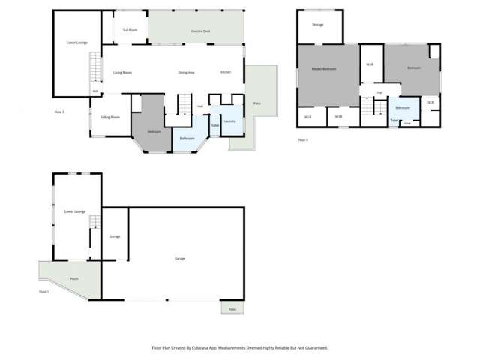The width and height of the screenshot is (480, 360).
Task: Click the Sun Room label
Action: (130, 30)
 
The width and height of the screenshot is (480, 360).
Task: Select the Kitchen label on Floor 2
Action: (225, 72)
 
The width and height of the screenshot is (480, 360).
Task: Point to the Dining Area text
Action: (187, 72)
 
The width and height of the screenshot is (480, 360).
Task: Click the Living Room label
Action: (122, 72)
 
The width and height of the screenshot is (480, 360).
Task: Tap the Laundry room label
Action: (230, 121)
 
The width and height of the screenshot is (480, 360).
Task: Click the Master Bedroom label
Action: (324, 69)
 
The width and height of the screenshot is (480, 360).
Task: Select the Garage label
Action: (180, 258)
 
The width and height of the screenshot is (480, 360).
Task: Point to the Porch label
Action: (74, 278)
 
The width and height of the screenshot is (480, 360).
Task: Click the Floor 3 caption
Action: (303, 140)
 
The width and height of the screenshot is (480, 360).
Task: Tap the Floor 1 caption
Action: (43, 292)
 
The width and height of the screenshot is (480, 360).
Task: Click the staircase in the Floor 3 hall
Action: (368, 107)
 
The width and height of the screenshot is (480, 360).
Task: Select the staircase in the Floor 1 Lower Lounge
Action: (95, 223)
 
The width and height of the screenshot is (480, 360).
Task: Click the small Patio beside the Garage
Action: (232, 309)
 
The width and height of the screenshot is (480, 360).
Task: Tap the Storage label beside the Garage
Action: (115, 236)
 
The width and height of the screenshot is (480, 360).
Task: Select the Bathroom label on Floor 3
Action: (402, 107)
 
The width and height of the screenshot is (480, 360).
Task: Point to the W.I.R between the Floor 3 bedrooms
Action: (370, 64)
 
